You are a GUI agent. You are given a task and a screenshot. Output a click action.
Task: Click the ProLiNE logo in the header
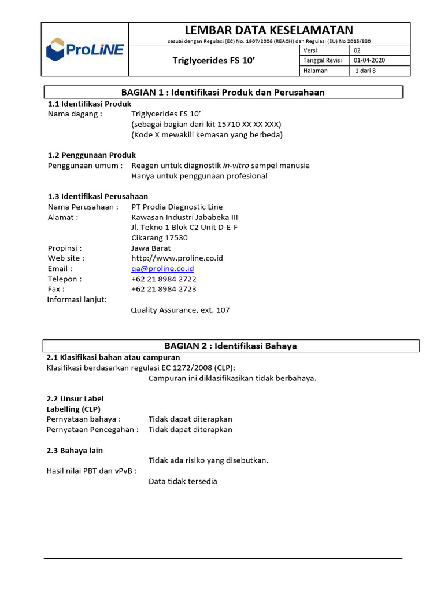tap(84, 49)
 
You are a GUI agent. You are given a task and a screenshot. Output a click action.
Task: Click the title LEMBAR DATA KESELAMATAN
tap(269, 30)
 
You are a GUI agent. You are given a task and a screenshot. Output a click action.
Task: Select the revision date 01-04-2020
tap(369, 60)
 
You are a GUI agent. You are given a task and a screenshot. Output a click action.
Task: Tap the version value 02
tap(357, 50)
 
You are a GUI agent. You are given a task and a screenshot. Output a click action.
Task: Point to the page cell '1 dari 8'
tap(365, 71)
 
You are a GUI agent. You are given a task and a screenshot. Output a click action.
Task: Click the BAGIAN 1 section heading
tap(223, 92)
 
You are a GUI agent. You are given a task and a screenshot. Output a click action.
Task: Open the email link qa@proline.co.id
tap(162, 269)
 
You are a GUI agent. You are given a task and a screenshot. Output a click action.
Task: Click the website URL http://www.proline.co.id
tap(177, 258)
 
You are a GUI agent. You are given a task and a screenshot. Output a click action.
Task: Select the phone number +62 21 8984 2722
tap(164, 279)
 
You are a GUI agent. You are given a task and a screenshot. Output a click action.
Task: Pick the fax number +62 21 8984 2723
tap(164, 289)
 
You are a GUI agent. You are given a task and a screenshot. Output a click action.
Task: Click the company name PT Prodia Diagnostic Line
tap(177, 207)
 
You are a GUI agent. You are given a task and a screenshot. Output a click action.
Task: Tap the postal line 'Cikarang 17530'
tap(160, 238)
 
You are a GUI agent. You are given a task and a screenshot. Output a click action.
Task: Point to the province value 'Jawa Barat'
tap(151, 248)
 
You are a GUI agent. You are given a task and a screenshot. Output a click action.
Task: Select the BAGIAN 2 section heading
tap(231, 346)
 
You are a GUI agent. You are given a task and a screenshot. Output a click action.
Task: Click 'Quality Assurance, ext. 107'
tap(180, 310)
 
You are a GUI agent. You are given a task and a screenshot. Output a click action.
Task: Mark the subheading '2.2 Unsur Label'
tap(75, 399)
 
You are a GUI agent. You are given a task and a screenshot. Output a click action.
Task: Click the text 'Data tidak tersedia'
tap(183, 481)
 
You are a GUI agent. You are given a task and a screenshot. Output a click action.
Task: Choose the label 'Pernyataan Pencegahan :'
tap(92, 430)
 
